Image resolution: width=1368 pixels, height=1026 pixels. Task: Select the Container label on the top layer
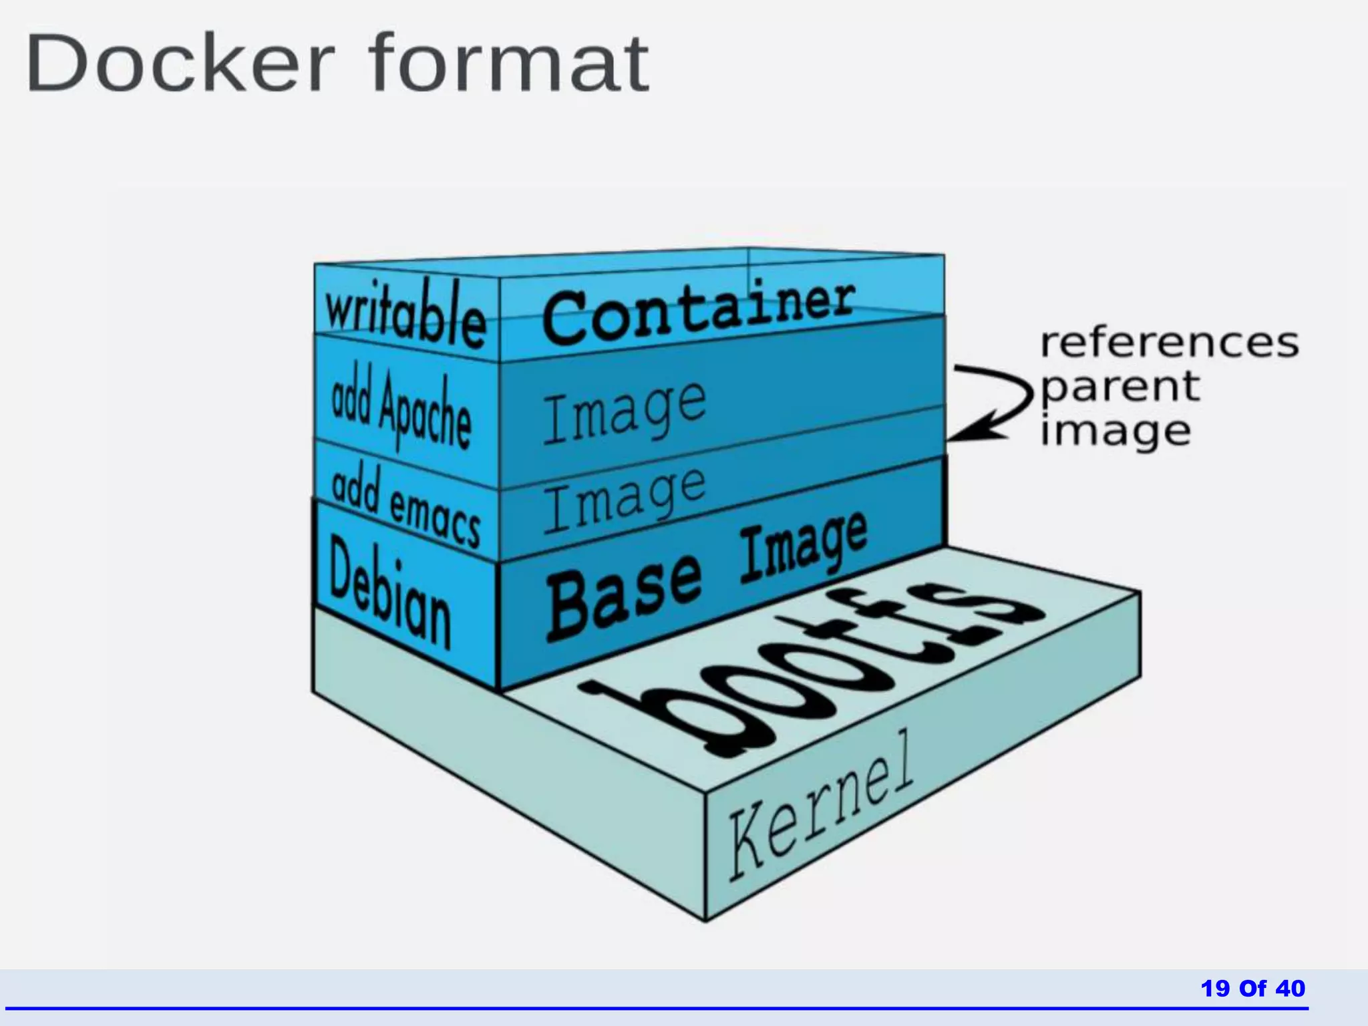point(698,312)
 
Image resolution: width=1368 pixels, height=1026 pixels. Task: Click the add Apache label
point(401,407)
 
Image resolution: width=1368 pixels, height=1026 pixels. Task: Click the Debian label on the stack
point(390,593)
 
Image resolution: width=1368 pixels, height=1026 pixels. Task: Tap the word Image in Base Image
point(804,548)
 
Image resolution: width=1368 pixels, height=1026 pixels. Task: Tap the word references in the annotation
point(1169,343)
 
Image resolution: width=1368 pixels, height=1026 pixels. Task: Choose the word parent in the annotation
point(1120,387)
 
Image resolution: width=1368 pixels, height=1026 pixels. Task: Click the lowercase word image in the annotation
point(1116,431)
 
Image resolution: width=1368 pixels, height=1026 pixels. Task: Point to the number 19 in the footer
point(1215,988)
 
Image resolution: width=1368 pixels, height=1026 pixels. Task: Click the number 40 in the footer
point(1290,988)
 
